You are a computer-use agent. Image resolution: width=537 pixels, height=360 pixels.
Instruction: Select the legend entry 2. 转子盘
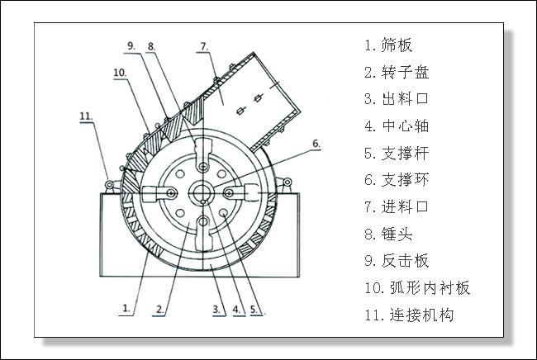tap(396, 72)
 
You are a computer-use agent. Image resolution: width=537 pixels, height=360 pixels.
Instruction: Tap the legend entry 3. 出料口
tap(396, 99)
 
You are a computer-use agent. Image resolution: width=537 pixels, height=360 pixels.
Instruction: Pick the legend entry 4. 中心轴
tap(396, 126)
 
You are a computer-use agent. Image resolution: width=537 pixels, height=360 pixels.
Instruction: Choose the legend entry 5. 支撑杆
tap(396, 153)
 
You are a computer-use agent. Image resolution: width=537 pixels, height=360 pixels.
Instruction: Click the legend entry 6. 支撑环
tap(396, 180)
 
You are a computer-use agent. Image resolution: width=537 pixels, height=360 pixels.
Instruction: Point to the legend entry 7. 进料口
tap(396, 206)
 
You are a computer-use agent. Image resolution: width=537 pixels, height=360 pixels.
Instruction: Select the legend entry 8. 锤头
tap(387, 234)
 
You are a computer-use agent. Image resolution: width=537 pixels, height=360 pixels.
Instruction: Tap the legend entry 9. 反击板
tap(396, 261)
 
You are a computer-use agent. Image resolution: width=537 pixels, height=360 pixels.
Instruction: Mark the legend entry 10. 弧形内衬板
tap(416, 288)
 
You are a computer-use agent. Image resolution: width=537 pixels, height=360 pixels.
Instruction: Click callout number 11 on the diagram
tap(87, 116)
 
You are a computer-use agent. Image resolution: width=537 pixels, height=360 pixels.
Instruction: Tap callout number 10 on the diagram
tap(119, 73)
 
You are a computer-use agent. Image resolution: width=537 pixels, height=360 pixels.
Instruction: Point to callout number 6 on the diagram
tap(315, 144)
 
